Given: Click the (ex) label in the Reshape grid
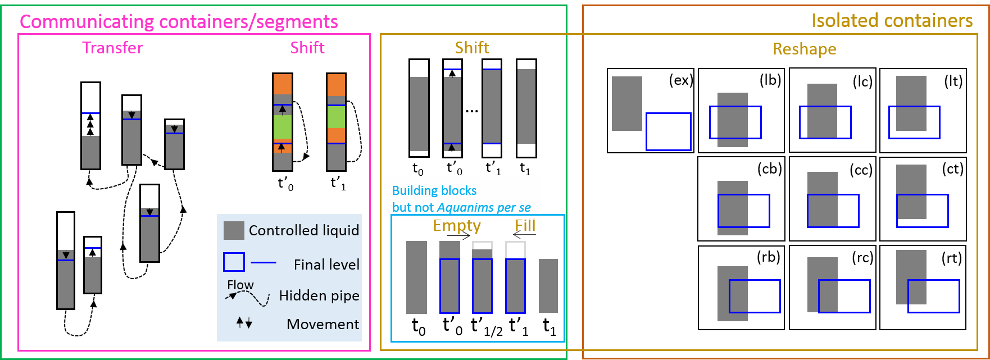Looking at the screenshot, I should pyautogui.click(x=680, y=80).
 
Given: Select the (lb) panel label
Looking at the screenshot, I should pyautogui.click(x=770, y=80).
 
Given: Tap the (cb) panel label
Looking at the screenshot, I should pyautogui.click(x=769, y=169).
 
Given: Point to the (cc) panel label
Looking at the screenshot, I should pyautogui.click(x=861, y=170).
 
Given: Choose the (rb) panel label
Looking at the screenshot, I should pyautogui.click(x=768, y=257).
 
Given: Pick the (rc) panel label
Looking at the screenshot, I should pyautogui.click(x=862, y=258).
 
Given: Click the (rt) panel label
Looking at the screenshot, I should pyautogui.click(x=951, y=258).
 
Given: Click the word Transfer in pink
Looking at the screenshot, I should pyautogui.click(x=112, y=48).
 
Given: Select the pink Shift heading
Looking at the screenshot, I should pyautogui.click(x=307, y=48).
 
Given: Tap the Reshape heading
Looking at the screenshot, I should pyautogui.click(x=804, y=49).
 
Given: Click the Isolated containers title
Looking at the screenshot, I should pyautogui.click(x=892, y=21).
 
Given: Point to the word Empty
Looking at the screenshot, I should pyautogui.click(x=457, y=226).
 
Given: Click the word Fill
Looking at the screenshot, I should pyautogui.click(x=525, y=226).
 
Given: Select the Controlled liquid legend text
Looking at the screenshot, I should pyautogui.click(x=303, y=230).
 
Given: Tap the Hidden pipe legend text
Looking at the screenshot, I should pyautogui.click(x=319, y=295).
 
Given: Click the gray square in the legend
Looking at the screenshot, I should pyautogui.click(x=234, y=230).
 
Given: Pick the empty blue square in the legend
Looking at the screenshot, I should pyautogui.click(x=234, y=262).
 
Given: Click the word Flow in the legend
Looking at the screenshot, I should pyautogui.click(x=240, y=285).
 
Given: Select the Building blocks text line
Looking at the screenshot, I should pyautogui.click(x=434, y=190).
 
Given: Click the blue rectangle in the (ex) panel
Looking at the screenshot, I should pyautogui.click(x=668, y=131).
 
